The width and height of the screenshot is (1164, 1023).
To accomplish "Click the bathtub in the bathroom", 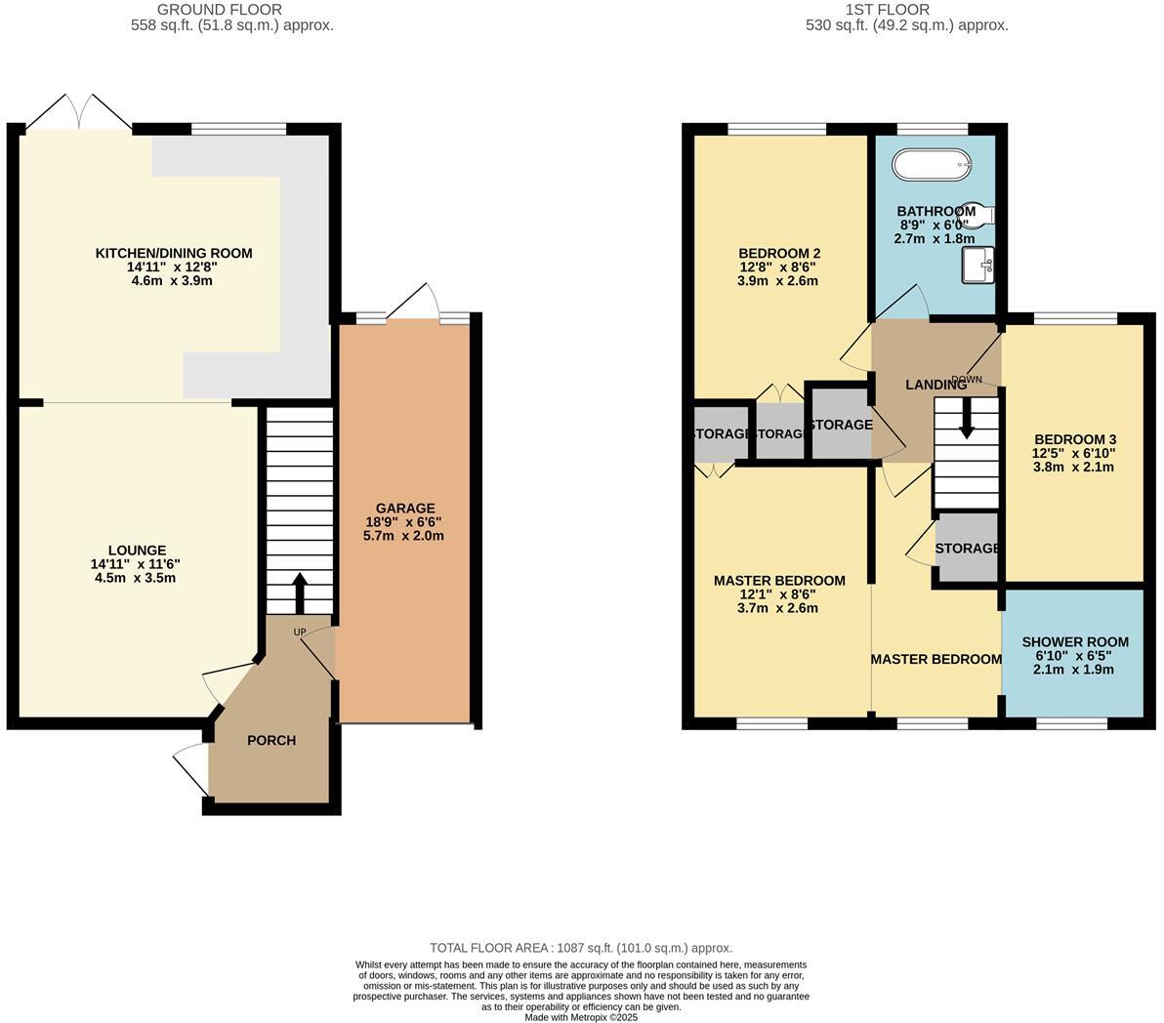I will click(x=934, y=165).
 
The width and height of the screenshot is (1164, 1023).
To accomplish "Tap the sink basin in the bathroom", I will click(x=977, y=264).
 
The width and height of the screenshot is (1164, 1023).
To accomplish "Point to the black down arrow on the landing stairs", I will click(x=967, y=417).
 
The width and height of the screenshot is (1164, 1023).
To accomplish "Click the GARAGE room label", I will click(x=405, y=508).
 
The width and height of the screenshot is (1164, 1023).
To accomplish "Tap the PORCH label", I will click(x=271, y=740).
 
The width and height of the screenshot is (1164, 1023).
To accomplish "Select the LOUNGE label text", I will click(x=138, y=551).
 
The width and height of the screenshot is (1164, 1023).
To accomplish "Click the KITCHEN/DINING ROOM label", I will click(x=173, y=253).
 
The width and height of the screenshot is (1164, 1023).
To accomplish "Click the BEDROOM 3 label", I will click(x=1074, y=439).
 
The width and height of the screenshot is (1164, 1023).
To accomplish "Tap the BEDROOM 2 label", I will click(x=778, y=253).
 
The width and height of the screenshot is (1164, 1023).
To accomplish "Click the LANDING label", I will click(x=935, y=385).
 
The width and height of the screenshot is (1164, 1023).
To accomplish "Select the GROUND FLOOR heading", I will click(x=232, y=10).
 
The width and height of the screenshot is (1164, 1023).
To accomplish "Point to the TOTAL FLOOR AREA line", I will click(x=581, y=948).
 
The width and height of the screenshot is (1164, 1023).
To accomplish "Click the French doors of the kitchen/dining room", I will click(x=78, y=112).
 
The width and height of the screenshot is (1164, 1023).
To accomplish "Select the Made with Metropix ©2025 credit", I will click(x=581, y=1016).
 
